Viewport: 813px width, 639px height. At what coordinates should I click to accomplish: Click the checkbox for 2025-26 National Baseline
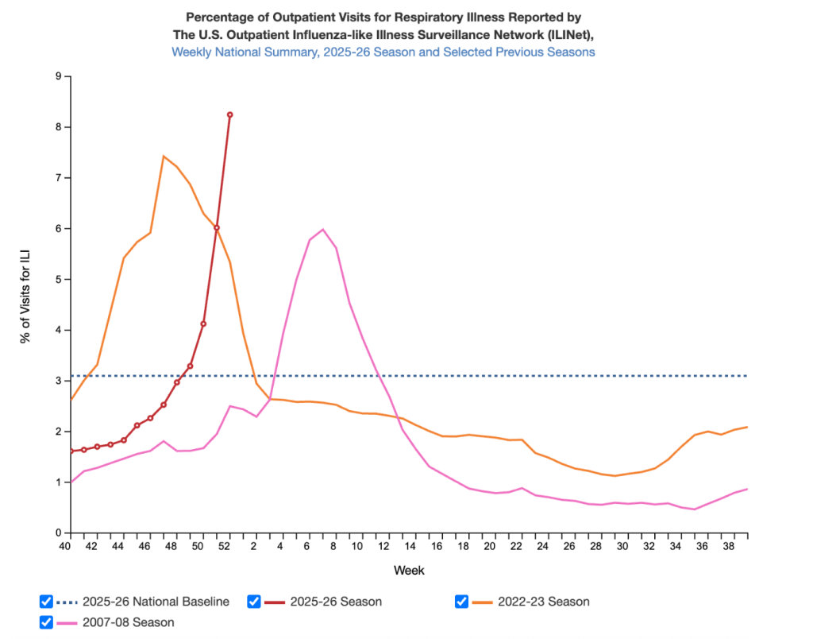click(x=46, y=602)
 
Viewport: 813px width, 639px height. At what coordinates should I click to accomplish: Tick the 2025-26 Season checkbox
click(x=254, y=602)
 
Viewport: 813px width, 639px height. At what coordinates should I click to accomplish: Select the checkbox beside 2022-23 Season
click(x=461, y=602)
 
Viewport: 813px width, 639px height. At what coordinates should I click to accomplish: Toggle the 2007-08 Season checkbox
click(x=46, y=622)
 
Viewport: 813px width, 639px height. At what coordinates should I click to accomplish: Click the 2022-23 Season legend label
click(x=544, y=602)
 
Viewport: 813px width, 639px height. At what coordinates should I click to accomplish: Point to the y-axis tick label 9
click(x=58, y=76)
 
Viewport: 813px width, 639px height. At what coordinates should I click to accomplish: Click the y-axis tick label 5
click(x=58, y=280)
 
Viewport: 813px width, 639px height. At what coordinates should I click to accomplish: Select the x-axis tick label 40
click(x=66, y=546)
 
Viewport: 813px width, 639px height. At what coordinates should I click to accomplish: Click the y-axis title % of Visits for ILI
click(x=26, y=304)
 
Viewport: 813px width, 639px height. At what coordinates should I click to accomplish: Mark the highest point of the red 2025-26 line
click(x=229, y=114)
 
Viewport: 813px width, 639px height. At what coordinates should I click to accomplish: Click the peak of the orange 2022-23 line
click(x=163, y=156)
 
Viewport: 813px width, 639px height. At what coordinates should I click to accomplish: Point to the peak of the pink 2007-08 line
click(x=322, y=230)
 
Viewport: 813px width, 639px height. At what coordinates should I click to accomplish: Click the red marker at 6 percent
click(x=216, y=228)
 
